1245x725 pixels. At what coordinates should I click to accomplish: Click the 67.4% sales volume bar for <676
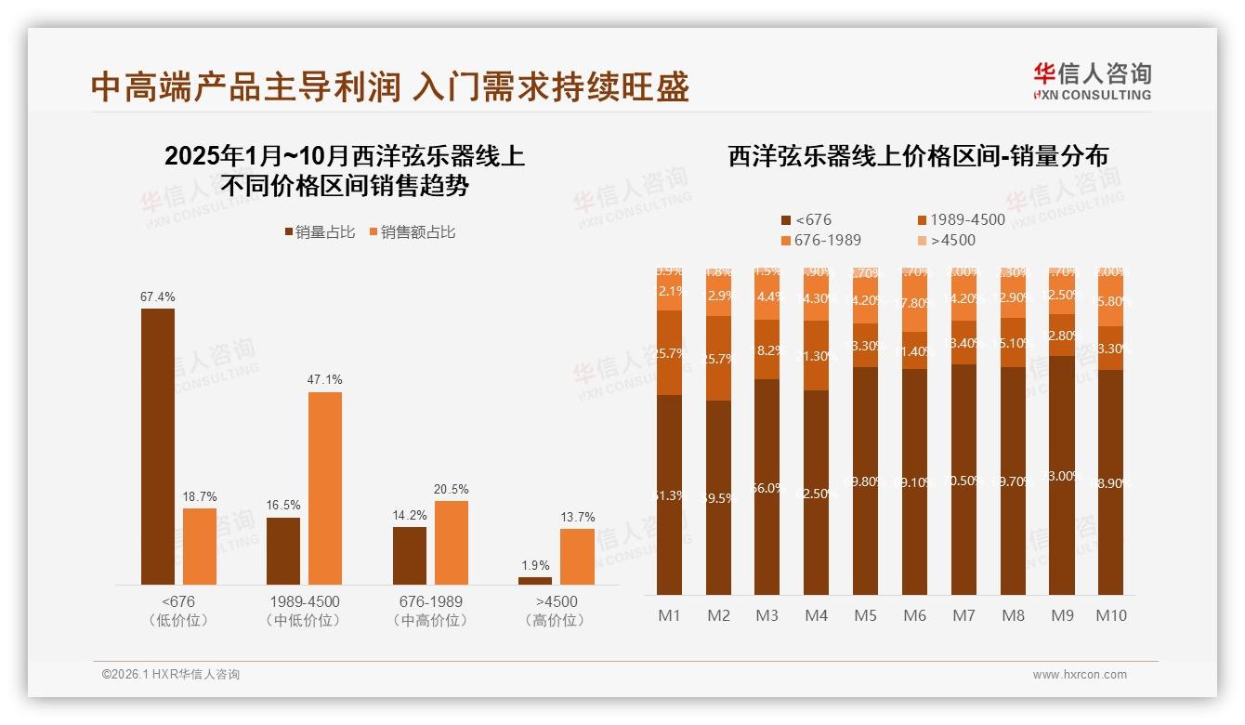coord(158,446)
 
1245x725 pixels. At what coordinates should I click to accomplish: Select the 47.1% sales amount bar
coord(325,488)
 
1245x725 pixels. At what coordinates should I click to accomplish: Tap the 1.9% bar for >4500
coord(535,581)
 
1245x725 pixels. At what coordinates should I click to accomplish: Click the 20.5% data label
coord(452,489)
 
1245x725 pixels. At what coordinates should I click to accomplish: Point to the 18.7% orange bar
coord(200,547)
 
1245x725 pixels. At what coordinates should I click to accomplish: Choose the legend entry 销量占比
coord(319,232)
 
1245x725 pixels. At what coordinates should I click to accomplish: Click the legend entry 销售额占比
coord(413,232)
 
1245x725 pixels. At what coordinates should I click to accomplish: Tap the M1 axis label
coord(669,615)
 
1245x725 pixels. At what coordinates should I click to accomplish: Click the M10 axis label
coord(1110,615)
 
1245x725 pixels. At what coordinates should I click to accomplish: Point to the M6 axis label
coord(914,615)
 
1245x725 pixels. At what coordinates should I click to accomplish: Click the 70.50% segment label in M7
coord(963,481)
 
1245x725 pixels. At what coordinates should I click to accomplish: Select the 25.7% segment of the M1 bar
coord(669,353)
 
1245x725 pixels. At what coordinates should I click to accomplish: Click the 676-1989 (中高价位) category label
coord(430,611)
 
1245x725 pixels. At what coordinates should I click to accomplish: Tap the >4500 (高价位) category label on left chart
coord(556,611)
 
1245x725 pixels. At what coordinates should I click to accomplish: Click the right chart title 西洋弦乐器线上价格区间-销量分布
coord(917,156)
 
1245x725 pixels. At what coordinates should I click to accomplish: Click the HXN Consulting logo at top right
coord(1092,81)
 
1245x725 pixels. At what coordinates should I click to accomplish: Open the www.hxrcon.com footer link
coord(1080,675)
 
